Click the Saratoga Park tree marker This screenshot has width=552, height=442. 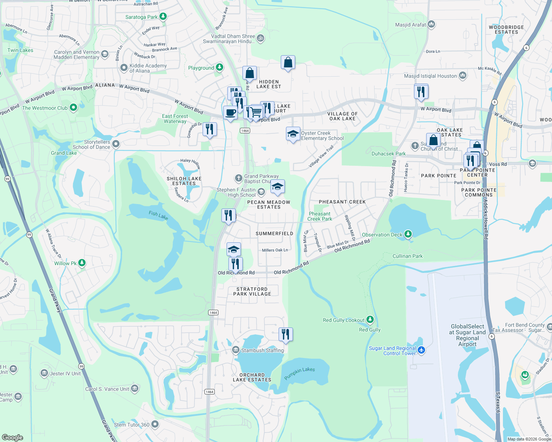[x=163, y=17]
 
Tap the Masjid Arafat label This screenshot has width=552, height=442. [x=410, y=25]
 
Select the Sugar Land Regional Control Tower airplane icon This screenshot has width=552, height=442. [x=422, y=350]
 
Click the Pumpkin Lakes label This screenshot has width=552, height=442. [x=299, y=373]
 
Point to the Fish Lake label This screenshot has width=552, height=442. [x=158, y=215]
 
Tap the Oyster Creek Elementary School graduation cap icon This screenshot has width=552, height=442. [x=293, y=134]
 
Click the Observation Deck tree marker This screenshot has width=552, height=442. [x=408, y=234]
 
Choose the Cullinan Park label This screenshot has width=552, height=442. [x=407, y=256]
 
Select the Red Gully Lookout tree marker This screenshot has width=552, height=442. [x=370, y=320]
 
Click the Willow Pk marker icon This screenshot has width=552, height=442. [x=82, y=263]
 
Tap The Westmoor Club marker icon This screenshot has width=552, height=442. [x=73, y=108]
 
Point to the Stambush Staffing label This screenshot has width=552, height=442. [x=262, y=350]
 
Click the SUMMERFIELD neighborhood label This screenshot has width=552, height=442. [x=274, y=234]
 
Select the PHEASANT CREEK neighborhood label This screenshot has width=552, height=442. [x=342, y=202]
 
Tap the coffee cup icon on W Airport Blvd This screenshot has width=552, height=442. [x=230, y=112]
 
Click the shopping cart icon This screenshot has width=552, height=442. [x=256, y=111]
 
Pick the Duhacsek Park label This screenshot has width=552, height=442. [x=388, y=154]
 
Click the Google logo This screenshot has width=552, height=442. [x=12, y=437]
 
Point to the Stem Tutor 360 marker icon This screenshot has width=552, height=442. [x=155, y=424]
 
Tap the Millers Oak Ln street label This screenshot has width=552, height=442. [x=275, y=250]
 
